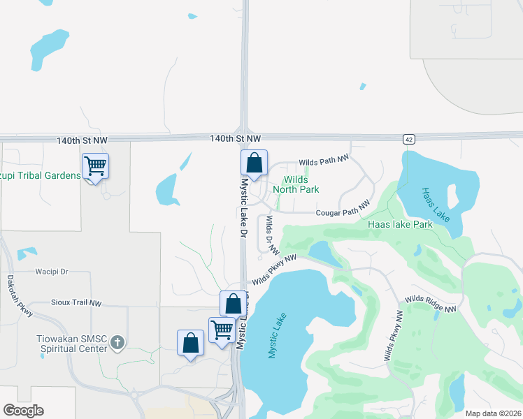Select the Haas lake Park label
click(401, 224)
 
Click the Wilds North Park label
click(296, 184)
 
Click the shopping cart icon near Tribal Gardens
click(95, 166)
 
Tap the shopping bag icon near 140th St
click(255, 163)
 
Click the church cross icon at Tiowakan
click(117, 343)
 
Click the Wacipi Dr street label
click(52, 271)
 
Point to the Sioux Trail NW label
click(76, 303)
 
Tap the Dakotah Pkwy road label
click(20, 295)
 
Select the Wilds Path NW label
click(323, 161)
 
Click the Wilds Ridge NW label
click(430, 304)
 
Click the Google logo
click(23, 411)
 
